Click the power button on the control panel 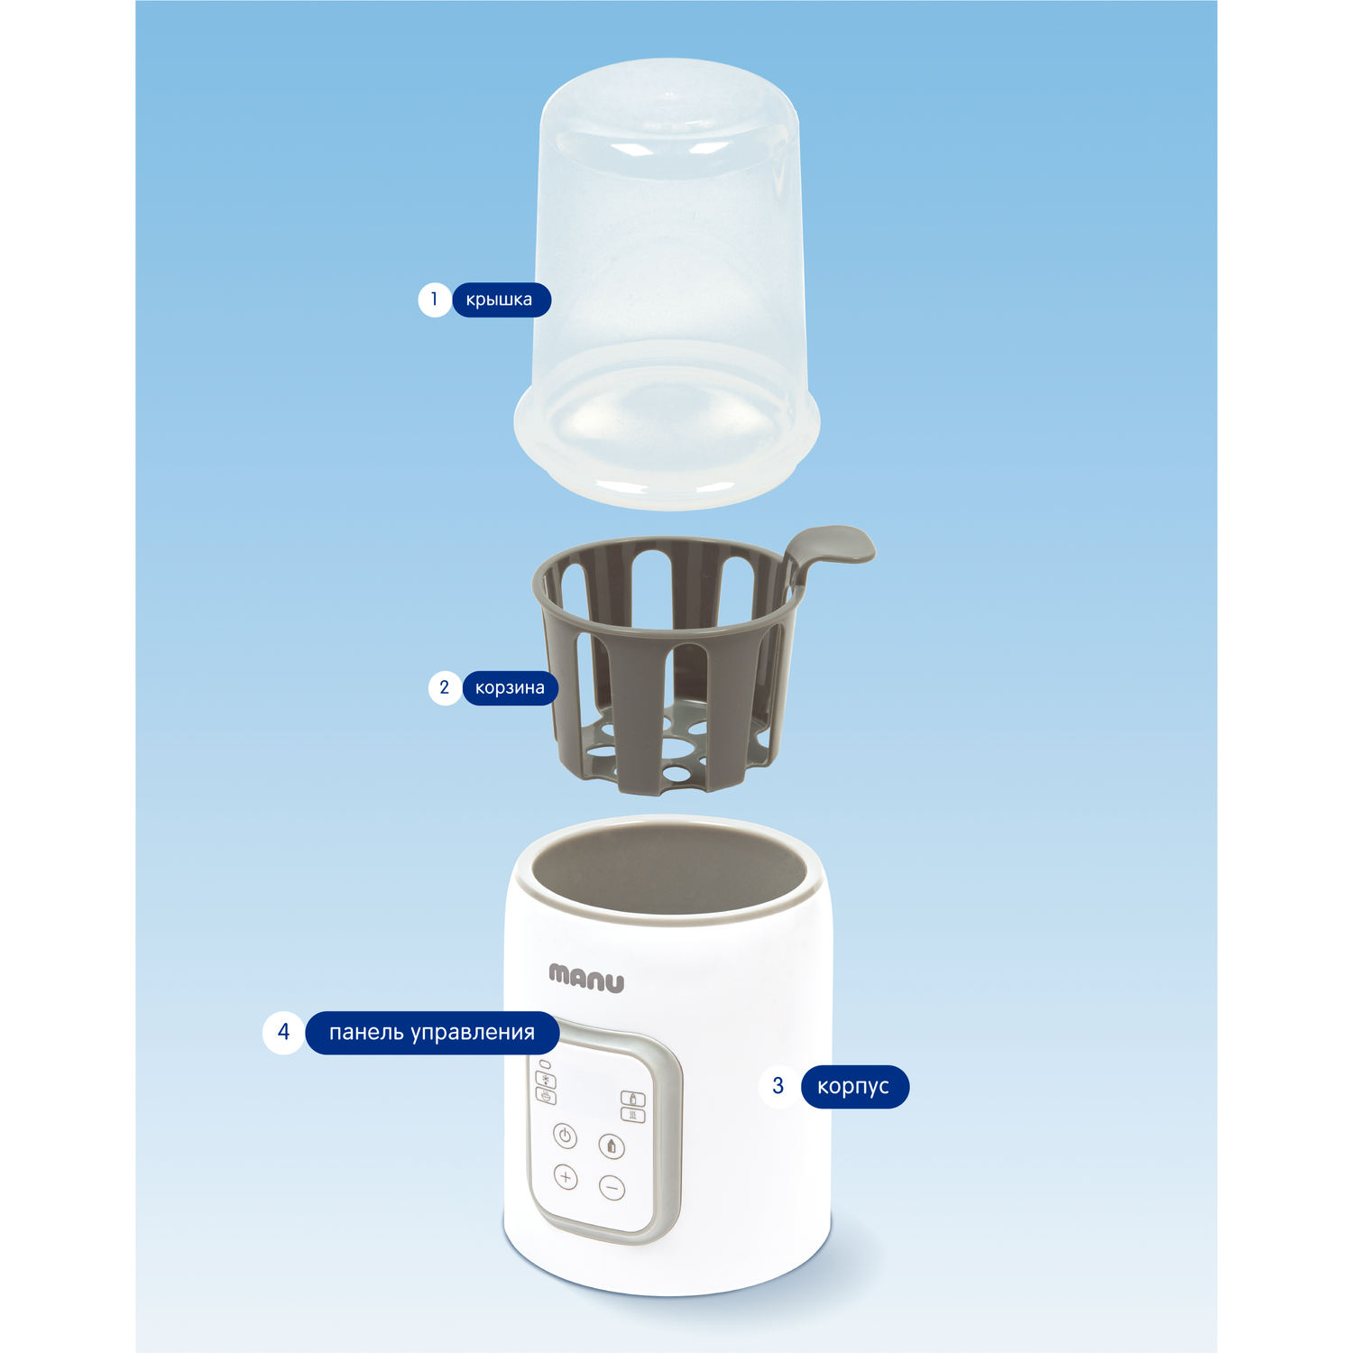(565, 1136)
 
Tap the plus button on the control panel (566, 1177)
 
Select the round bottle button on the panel (612, 1146)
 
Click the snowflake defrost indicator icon (547, 1081)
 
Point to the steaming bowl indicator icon (547, 1096)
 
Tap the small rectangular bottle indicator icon (633, 1099)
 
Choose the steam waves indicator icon (633, 1116)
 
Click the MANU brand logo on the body (586, 979)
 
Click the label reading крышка (501, 299)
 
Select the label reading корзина (510, 688)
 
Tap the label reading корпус (854, 1087)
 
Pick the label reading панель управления (432, 1033)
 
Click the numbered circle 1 (435, 299)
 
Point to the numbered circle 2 (445, 688)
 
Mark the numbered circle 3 (778, 1086)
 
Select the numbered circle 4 (284, 1033)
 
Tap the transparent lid (667, 280)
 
